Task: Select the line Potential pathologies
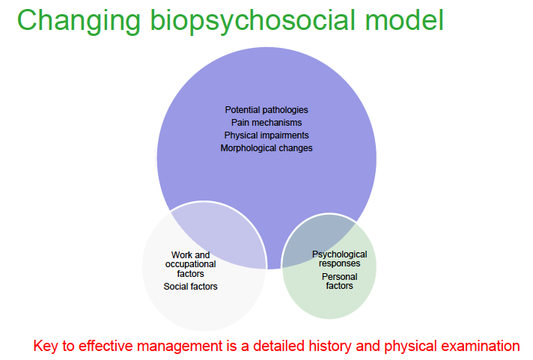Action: [x=266, y=110]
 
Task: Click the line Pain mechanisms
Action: [x=266, y=122]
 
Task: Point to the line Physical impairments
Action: [x=266, y=135]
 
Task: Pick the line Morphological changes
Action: [x=266, y=148]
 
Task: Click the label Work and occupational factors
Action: [x=190, y=264]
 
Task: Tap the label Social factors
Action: [x=190, y=287]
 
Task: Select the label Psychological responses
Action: [x=336, y=259]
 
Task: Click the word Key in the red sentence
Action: [x=46, y=347]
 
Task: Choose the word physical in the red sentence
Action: [x=408, y=347]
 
